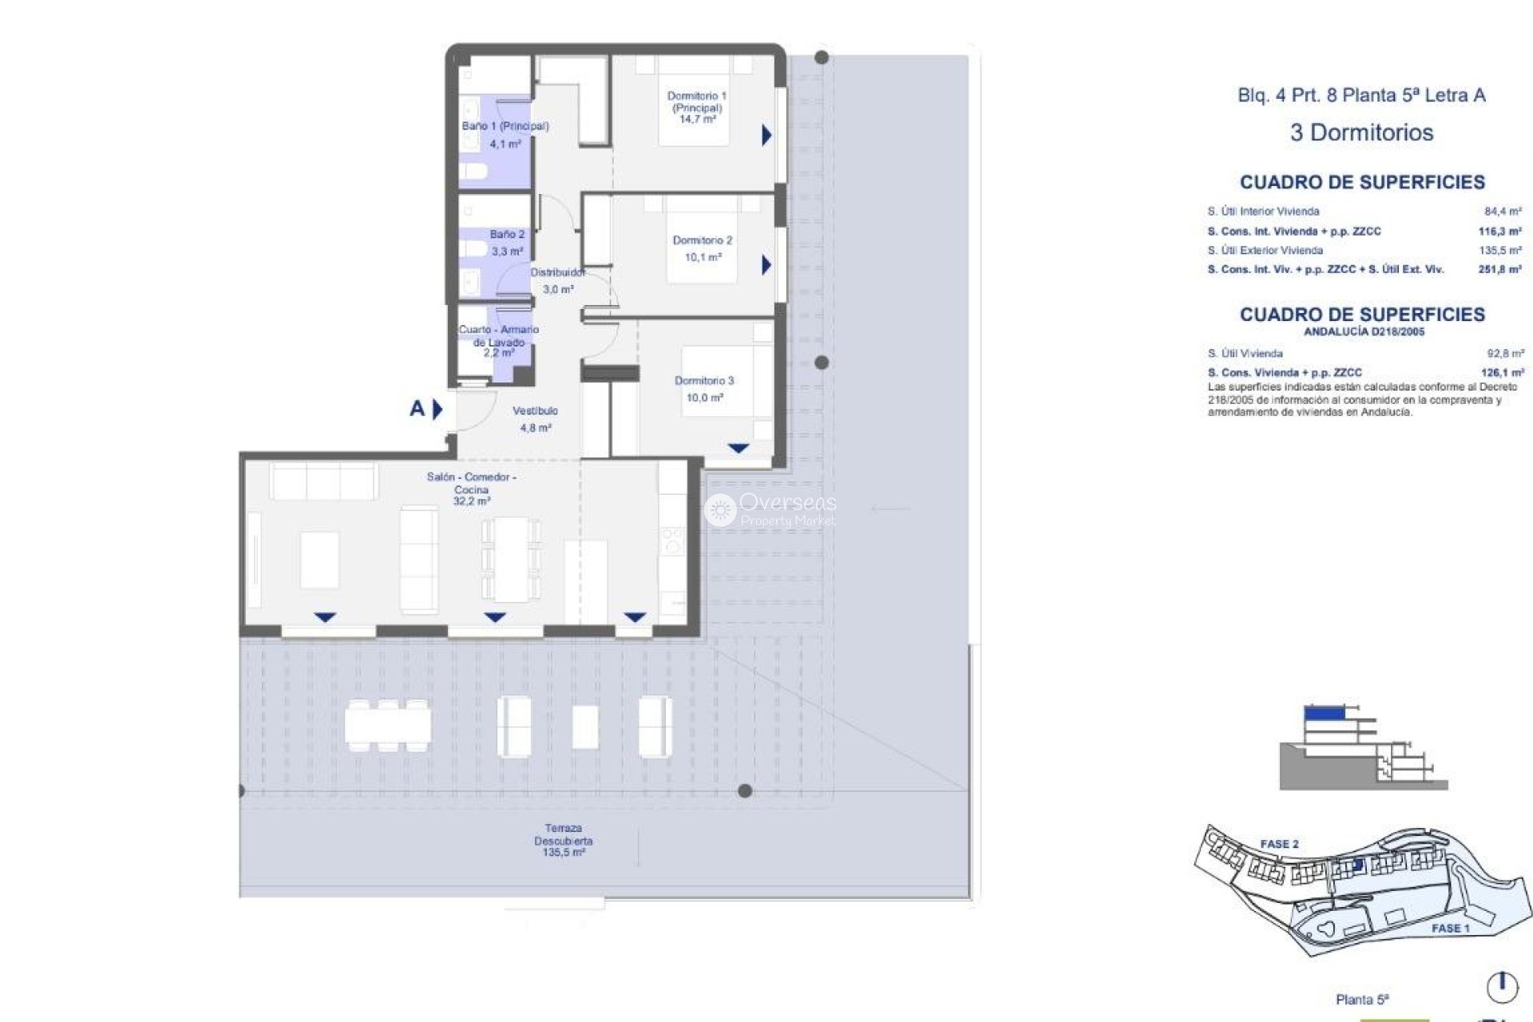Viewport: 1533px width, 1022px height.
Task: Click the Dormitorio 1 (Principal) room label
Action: pos(696,107)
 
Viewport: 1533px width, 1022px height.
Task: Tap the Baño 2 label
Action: pos(507,242)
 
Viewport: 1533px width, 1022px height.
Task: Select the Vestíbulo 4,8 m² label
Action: pos(535,418)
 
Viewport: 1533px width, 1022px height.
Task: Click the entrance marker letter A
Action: pos(417,409)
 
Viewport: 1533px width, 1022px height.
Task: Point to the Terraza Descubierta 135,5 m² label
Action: pos(563,840)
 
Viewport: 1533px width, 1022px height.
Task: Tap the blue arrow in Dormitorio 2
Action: pos(766,264)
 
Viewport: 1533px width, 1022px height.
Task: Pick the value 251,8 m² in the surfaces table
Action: pos(1499,270)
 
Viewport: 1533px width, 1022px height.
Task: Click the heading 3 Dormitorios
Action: pos(1361,133)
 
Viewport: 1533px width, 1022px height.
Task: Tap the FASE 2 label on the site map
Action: pos(1279,844)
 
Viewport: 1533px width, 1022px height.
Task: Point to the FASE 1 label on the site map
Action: pos(1450,928)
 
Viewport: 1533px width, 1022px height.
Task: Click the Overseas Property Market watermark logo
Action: pos(770,509)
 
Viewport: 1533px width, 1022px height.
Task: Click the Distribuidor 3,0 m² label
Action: pos(557,280)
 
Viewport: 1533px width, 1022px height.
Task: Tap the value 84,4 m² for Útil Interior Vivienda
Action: pos(1502,212)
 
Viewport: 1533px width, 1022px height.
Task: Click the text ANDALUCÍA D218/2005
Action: pos(1363,331)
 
